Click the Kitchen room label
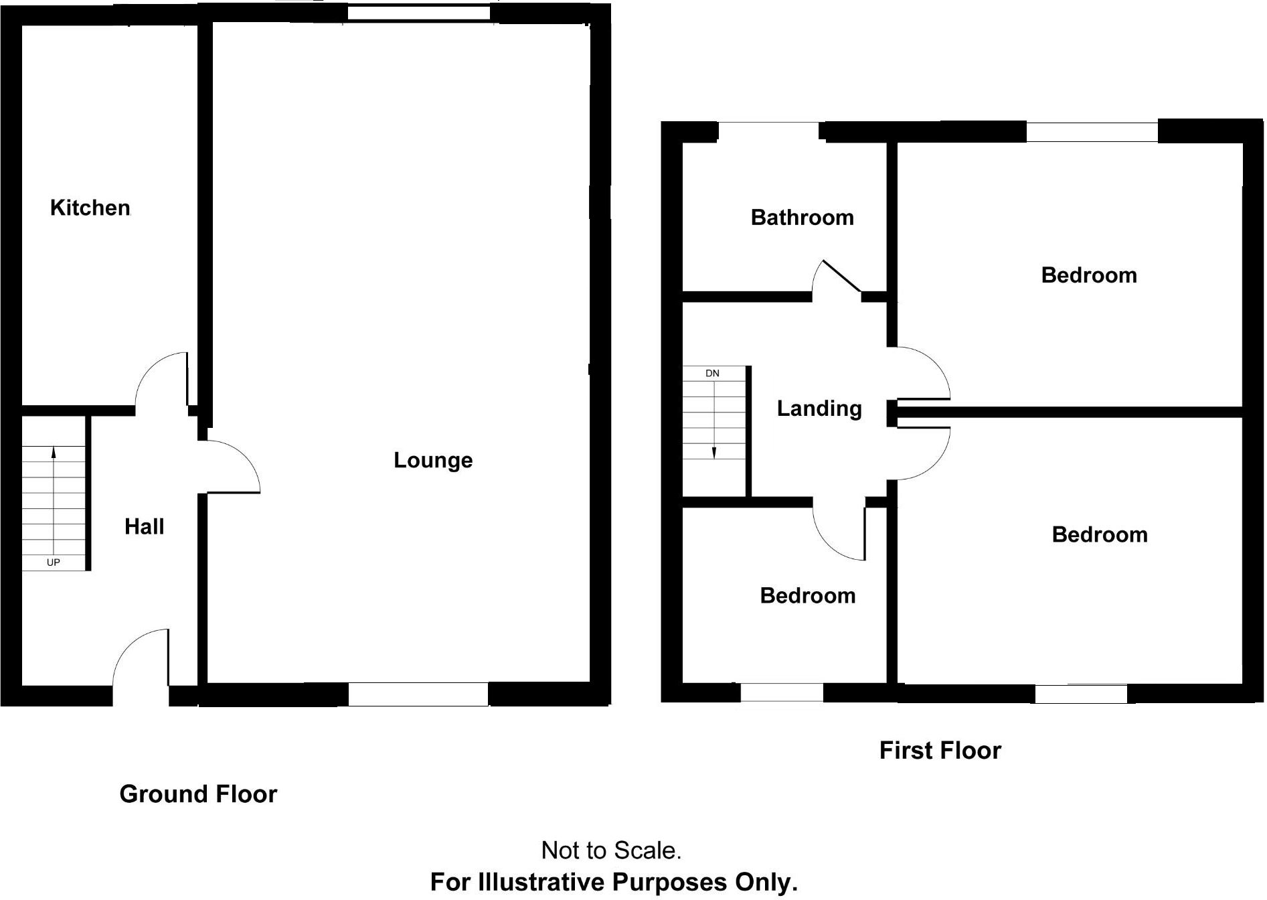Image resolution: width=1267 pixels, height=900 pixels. (x=90, y=208)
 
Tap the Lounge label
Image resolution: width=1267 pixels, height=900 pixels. (x=433, y=460)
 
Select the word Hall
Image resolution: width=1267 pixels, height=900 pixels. (x=144, y=526)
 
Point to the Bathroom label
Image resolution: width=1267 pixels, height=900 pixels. (x=802, y=217)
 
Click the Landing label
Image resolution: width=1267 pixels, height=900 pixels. (x=819, y=408)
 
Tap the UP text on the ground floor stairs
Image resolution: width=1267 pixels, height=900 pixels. (x=54, y=562)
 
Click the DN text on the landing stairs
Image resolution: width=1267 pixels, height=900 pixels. (x=712, y=373)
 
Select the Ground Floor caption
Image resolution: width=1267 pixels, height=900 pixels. (x=198, y=794)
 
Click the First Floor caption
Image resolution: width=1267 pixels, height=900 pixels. (x=940, y=750)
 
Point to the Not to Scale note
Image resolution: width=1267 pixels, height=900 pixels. (x=611, y=850)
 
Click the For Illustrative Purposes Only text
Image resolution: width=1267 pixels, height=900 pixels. (x=614, y=882)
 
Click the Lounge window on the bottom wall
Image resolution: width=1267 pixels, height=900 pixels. (x=418, y=694)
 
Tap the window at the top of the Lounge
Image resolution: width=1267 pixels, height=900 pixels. (x=419, y=13)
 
